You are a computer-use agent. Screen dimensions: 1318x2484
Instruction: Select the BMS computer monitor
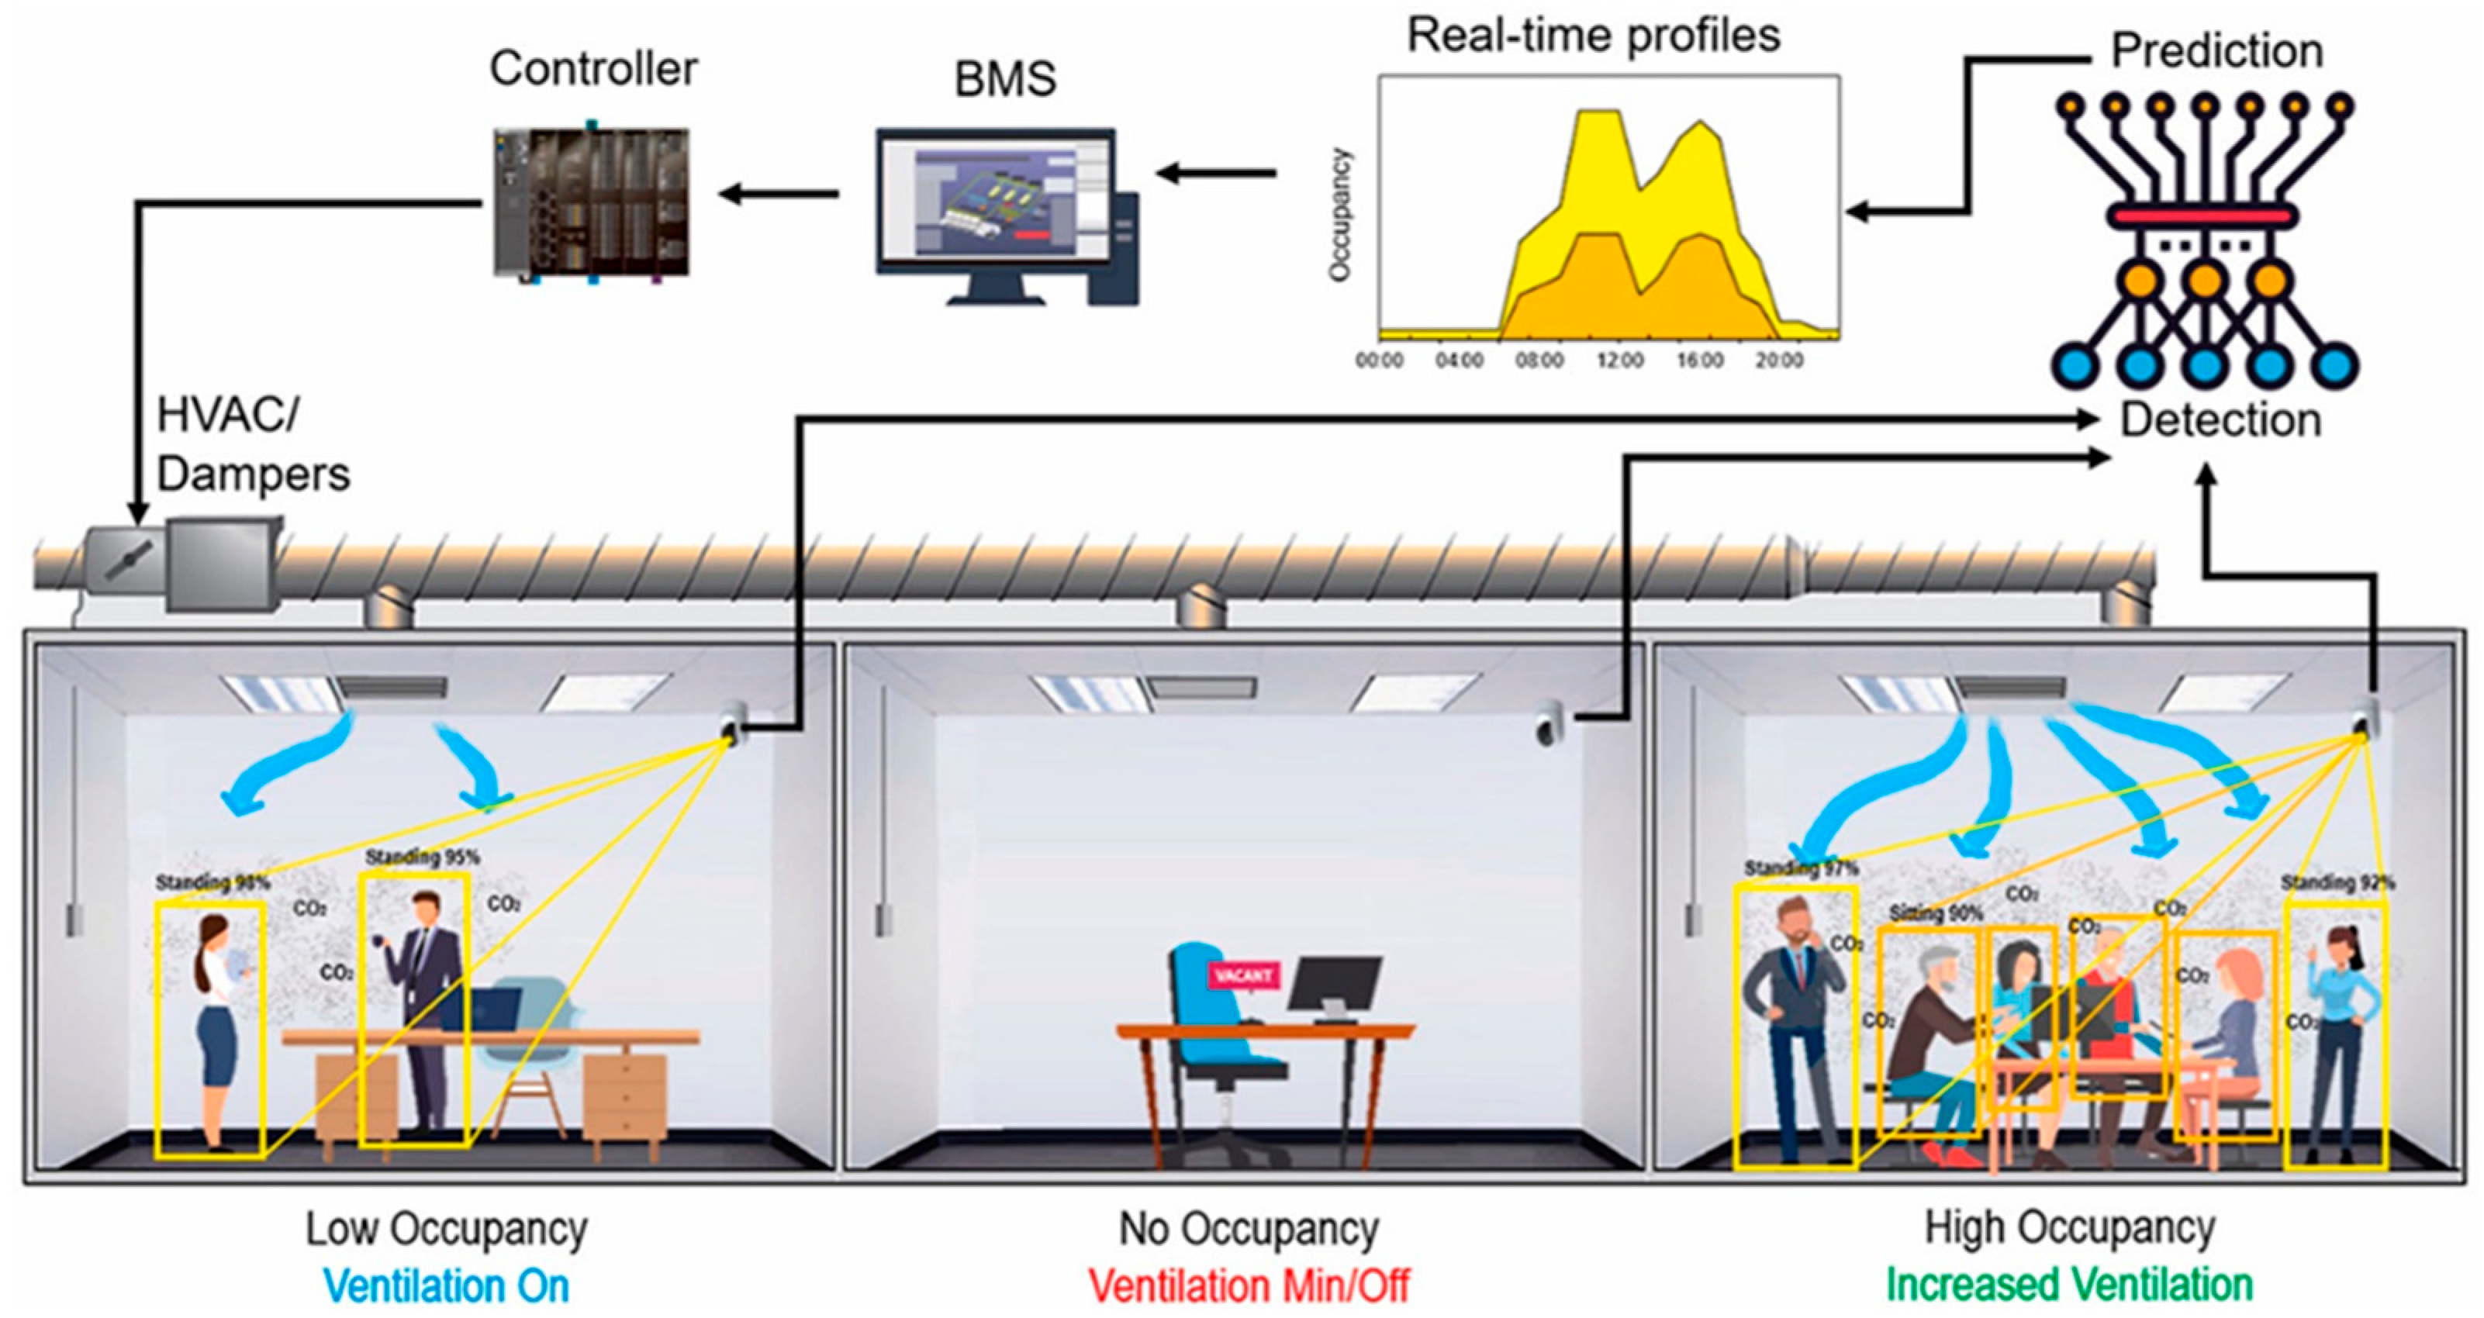coord(995,203)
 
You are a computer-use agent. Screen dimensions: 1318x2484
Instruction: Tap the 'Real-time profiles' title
coord(1593,36)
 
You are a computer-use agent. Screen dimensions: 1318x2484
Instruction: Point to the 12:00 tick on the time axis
coord(1619,361)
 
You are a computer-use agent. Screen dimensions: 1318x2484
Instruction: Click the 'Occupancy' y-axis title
coord(1339,214)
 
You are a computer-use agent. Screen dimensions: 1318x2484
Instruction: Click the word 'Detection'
coord(2220,420)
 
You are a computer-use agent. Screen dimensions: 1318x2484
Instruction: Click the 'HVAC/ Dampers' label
coord(253,446)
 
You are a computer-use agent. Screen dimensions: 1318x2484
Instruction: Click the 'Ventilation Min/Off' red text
coord(1249,1285)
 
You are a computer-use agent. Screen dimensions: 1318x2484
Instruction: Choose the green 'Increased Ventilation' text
coord(2069,1284)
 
